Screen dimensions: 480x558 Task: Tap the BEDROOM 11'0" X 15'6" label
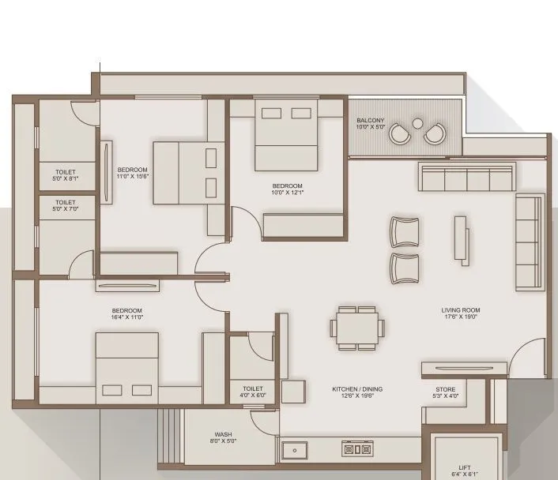[133, 173]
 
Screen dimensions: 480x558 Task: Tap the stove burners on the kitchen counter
[356, 449]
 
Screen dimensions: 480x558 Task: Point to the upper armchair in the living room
[405, 231]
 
